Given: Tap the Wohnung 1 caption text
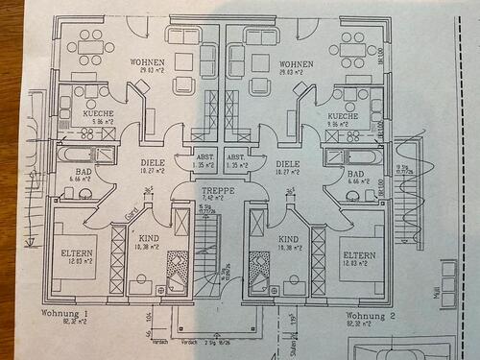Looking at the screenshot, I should [64, 314].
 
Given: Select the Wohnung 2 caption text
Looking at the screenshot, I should [370, 314].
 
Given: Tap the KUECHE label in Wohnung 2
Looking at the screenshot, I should [343, 115].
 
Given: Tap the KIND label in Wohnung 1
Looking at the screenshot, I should [150, 237].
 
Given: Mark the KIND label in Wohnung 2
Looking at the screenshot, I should [288, 237].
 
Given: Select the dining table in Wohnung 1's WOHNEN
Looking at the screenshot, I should [90, 45].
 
